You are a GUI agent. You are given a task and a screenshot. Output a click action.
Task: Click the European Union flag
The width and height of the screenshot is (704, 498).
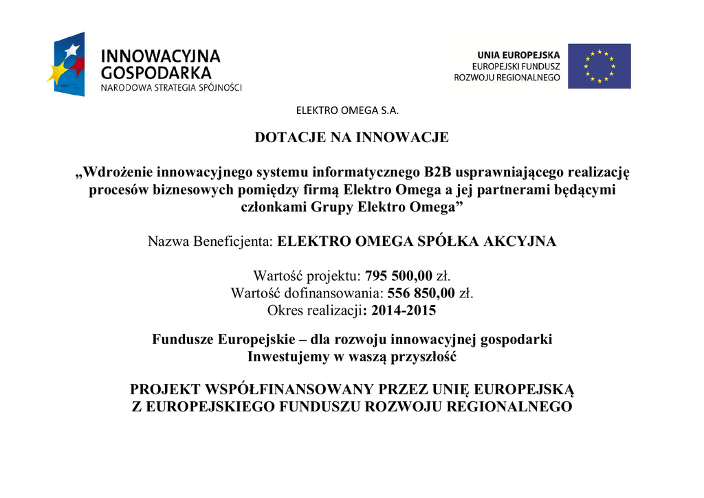599,66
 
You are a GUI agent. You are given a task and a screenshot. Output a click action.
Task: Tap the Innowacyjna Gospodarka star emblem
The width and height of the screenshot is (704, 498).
67,64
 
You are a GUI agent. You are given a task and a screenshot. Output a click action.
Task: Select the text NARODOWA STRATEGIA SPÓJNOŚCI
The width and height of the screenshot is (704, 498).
171,88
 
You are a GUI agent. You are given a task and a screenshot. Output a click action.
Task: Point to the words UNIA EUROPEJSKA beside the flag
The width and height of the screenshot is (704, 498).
519,55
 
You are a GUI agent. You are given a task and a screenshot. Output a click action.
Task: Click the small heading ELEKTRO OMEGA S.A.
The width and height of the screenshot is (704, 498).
347,111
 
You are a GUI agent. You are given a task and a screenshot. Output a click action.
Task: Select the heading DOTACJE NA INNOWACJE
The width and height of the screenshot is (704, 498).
351,137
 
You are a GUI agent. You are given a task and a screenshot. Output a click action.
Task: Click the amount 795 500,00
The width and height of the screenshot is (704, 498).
399,276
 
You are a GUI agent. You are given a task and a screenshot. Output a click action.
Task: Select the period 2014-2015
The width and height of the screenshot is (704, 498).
404,310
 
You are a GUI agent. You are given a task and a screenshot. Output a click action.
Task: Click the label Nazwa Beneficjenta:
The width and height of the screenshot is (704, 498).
211,242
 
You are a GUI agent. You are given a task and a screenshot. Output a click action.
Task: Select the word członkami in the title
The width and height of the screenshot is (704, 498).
271,207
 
